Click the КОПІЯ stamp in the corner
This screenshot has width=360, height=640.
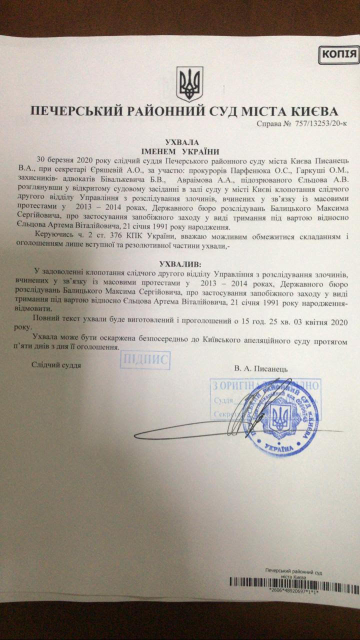coord(339,54)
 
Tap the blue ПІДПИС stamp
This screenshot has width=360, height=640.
coord(145,360)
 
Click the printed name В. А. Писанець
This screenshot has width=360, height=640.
coord(261,368)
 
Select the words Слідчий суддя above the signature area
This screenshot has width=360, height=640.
coord(56,364)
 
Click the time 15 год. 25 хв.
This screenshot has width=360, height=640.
coord(266,318)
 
